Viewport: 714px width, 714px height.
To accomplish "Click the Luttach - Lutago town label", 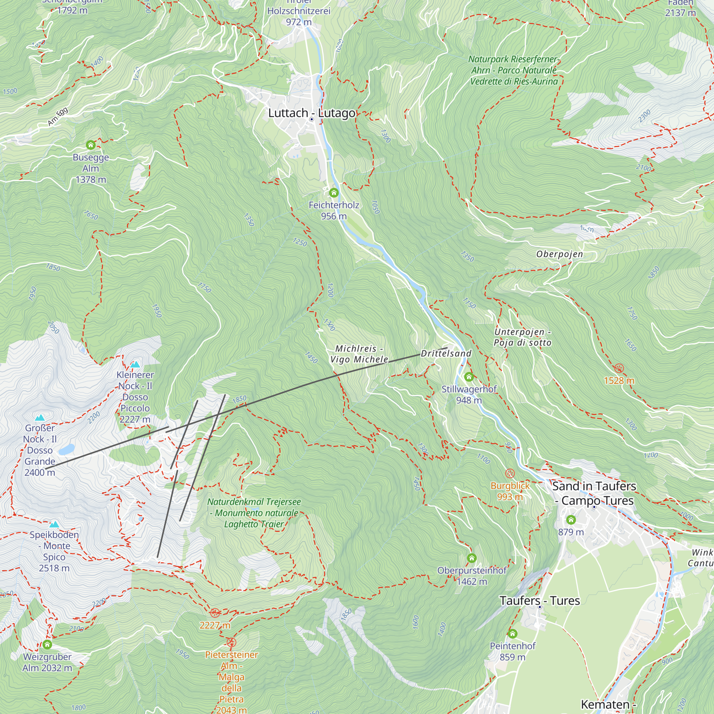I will tap(312, 113).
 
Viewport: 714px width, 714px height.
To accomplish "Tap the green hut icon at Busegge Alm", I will tap(91, 145).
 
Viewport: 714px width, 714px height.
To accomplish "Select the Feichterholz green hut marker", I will tap(334, 192).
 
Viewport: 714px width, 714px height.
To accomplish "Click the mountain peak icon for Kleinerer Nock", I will tap(135, 365).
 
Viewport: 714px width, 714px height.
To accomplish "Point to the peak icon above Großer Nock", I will tap(40, 418).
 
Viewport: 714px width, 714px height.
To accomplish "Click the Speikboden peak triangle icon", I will tap(54, 524).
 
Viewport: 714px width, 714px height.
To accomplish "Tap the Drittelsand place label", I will tap(446, 354).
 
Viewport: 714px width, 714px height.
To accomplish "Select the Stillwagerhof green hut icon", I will tap(469, 377).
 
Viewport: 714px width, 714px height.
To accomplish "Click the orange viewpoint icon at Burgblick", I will tap(510, 473).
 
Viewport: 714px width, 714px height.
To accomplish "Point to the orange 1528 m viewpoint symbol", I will tap(619, 368).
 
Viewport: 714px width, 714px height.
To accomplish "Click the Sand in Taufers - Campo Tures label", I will tap(594, 493).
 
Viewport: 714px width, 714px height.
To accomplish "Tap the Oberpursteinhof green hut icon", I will tap(472, 558).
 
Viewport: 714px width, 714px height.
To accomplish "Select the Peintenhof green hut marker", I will tap(512, 634).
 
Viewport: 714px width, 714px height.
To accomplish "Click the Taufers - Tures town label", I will tap(539, 601).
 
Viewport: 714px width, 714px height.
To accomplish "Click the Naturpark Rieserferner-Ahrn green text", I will tap(514, 70).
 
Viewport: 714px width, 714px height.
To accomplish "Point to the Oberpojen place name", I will tap(559, 254).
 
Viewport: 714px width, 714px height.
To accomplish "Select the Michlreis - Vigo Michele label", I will tap(359, 354).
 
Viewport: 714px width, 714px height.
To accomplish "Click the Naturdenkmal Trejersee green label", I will tap(254, 513).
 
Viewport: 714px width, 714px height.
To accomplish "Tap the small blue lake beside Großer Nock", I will tap(66, 449).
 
